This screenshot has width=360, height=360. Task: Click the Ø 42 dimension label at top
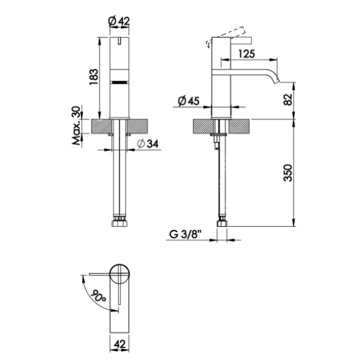(119, 21)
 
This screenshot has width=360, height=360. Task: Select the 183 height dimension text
(94, 77)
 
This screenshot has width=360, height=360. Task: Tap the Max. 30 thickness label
(77, 125)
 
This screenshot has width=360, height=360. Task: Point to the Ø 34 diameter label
(148, 144)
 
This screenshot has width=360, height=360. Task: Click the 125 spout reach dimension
(247, 54)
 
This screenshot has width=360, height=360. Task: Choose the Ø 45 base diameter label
(188, 101)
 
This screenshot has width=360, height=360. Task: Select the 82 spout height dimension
(288, 100)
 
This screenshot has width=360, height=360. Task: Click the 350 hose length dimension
(288, 173)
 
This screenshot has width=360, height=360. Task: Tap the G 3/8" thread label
(185, 235)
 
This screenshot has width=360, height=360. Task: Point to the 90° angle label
(98, 296)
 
